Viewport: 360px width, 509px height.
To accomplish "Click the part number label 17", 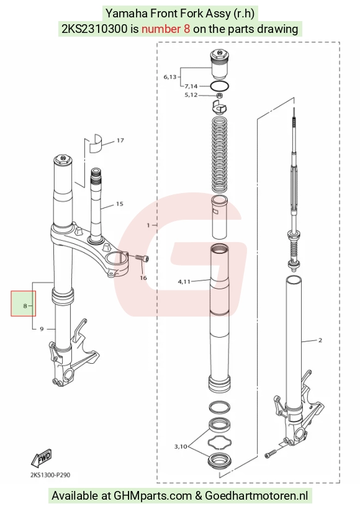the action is (120, 140).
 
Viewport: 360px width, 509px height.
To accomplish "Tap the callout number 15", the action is (119, 204).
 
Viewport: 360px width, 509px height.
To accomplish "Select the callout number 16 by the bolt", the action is (143, 278).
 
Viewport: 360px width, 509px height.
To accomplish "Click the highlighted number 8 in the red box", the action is (25, 306).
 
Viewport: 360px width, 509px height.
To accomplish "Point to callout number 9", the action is (42, 329).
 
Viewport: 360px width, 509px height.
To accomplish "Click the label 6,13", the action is (170, 77).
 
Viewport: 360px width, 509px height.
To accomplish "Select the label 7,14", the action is (191, 86).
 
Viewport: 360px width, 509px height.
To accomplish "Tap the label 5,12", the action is (191, 95).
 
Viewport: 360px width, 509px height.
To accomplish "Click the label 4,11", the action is (184, 282).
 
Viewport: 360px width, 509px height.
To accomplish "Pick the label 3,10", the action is (181, 447).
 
